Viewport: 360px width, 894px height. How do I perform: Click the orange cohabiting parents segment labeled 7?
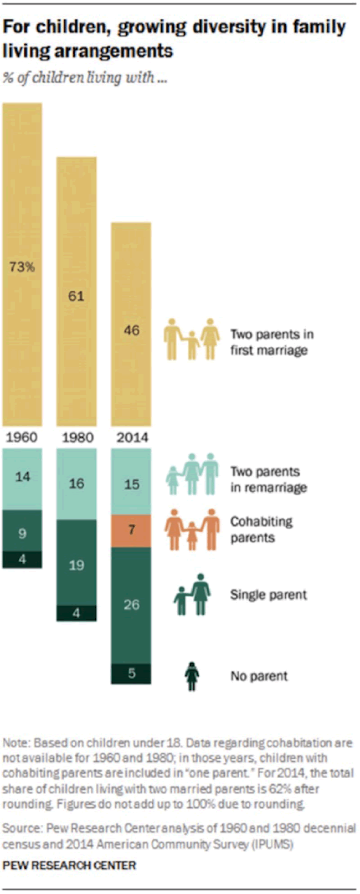tap(131, 530)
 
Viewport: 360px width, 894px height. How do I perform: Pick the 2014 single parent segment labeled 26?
tap(131, 605)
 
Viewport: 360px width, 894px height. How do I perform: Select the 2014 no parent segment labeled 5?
tap(131, 674)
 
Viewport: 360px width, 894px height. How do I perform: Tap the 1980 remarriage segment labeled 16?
tap(76, 484)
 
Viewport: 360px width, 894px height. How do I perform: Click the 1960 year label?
tap(22, 438)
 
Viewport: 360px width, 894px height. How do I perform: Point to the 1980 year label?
tap(77, 438)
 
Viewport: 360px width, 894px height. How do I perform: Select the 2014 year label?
tap(132, 438)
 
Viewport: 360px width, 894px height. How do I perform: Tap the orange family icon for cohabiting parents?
tap(192, 530)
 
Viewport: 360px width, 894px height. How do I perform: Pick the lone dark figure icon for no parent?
tap(192, 676)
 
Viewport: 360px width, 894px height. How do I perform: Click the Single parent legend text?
tap(268, 595)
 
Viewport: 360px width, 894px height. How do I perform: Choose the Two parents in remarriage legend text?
tap(268, 480)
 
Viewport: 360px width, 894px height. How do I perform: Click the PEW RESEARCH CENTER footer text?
tap(69, 865)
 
